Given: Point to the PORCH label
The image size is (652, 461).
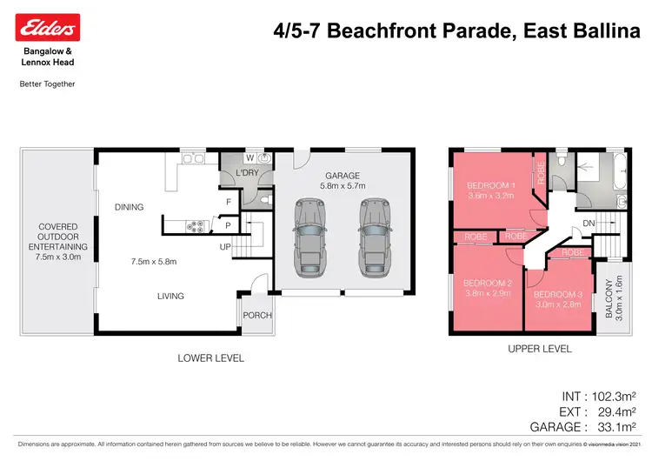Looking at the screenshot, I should point(257,316).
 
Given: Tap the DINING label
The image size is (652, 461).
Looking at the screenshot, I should point(130,207).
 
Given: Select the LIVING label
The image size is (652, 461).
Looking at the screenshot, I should point(170,296).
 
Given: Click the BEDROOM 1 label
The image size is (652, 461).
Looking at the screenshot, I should point(492,185).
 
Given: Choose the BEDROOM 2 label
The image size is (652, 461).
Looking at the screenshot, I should point(488,284).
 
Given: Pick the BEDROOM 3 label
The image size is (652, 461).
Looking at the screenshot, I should point(558,295).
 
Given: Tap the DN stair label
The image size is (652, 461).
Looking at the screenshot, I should point(588,223).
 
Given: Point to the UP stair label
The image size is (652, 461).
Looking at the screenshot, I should point(224,247).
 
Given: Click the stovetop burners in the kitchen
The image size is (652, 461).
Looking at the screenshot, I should point(196,227).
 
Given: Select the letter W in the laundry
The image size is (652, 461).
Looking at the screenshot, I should point(249,158).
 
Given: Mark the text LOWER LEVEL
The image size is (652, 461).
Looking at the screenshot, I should point(210,358).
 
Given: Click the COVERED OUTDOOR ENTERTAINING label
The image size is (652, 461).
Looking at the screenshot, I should point(57,242).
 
